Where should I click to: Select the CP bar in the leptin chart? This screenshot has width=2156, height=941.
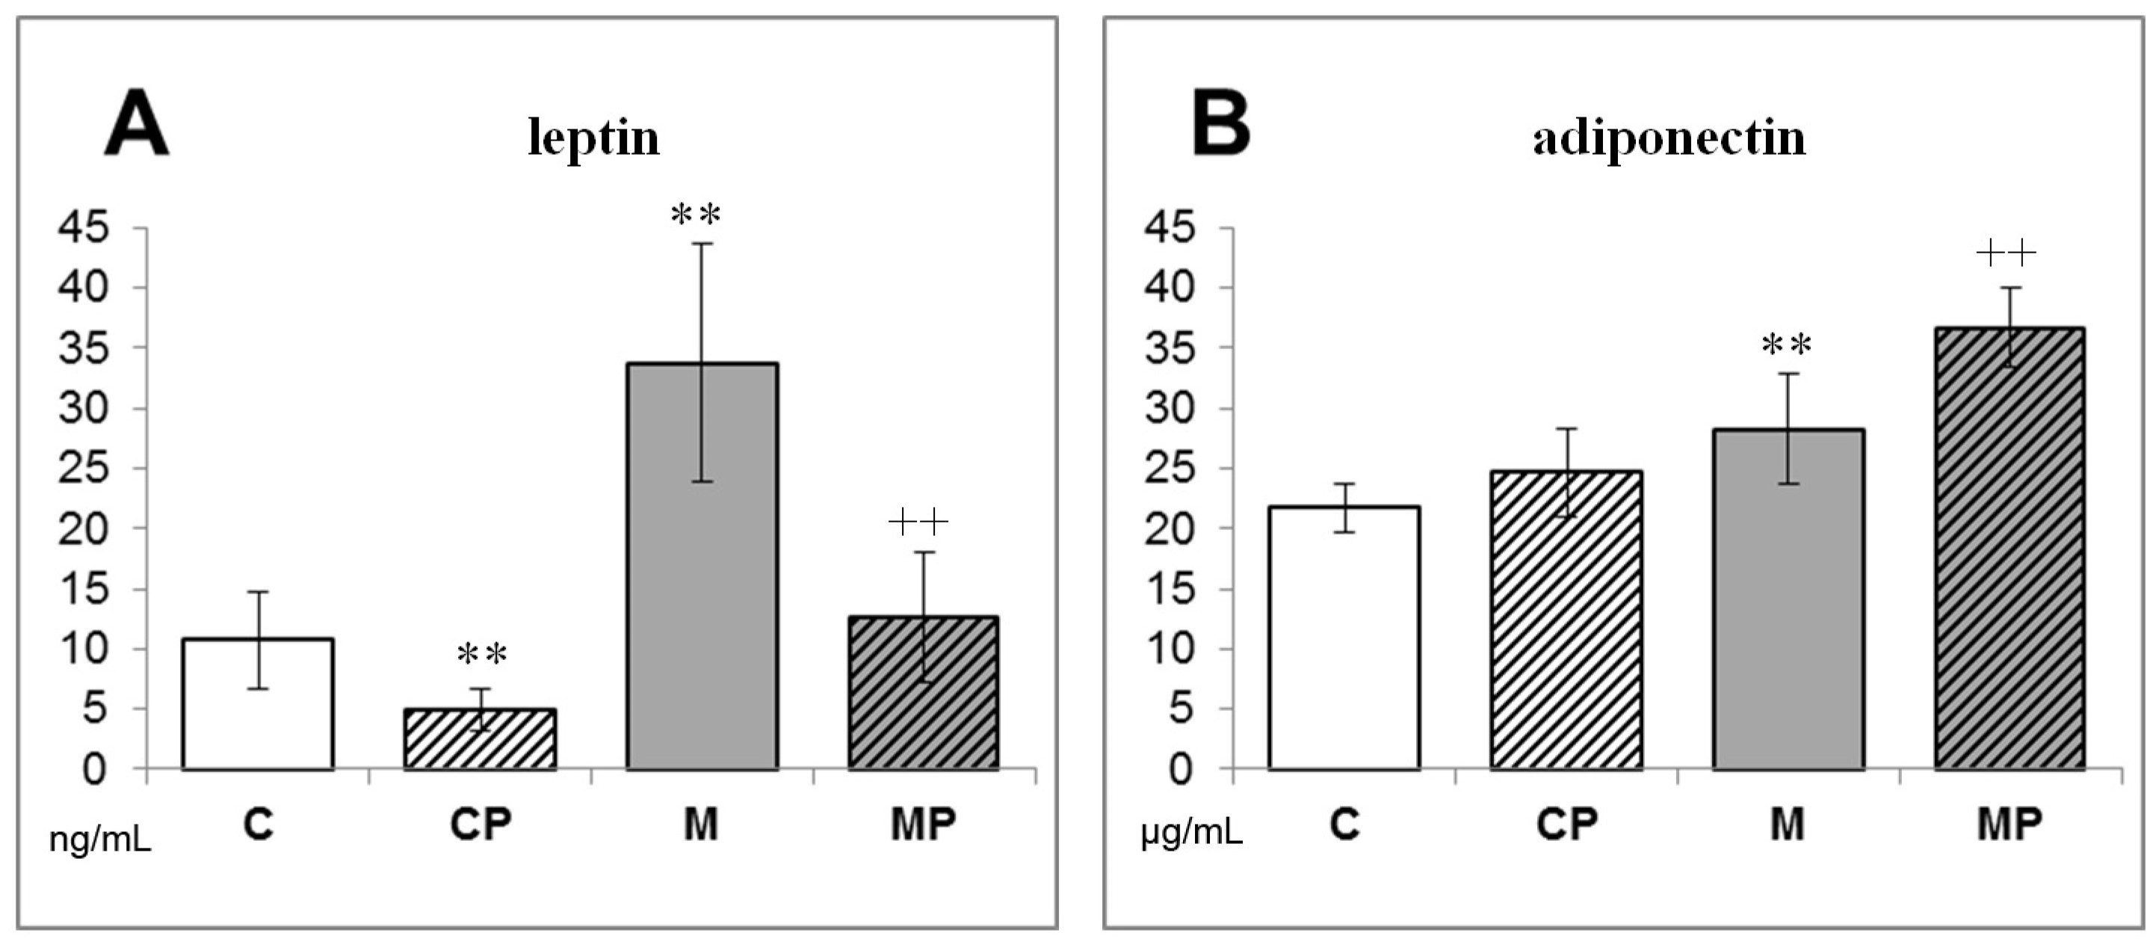click(x=480, y=740)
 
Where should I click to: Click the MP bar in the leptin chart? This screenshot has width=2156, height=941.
click(x=924, y=695)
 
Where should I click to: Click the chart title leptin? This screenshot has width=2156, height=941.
click(x=593, y=138)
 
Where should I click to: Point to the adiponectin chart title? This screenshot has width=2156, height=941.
click(x=1669, y=138)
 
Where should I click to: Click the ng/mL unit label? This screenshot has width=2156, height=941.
click(x=100, y=839)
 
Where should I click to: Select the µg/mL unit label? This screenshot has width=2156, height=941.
click(x=1191, y=834)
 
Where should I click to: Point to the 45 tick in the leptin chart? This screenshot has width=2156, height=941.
click(x=83, y=227)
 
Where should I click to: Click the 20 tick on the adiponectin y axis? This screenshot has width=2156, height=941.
click(x=1170, y=528)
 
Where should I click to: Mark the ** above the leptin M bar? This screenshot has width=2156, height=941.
click(x=696, y=215)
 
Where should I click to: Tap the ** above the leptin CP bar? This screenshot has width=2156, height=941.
click(x=482, y=654)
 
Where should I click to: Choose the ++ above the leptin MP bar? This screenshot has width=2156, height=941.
click(x=918, y=523)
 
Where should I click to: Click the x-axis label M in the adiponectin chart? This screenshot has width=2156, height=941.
click(x=1787, y=824)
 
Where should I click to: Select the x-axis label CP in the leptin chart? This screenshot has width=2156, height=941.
click(x=480, y=824)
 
